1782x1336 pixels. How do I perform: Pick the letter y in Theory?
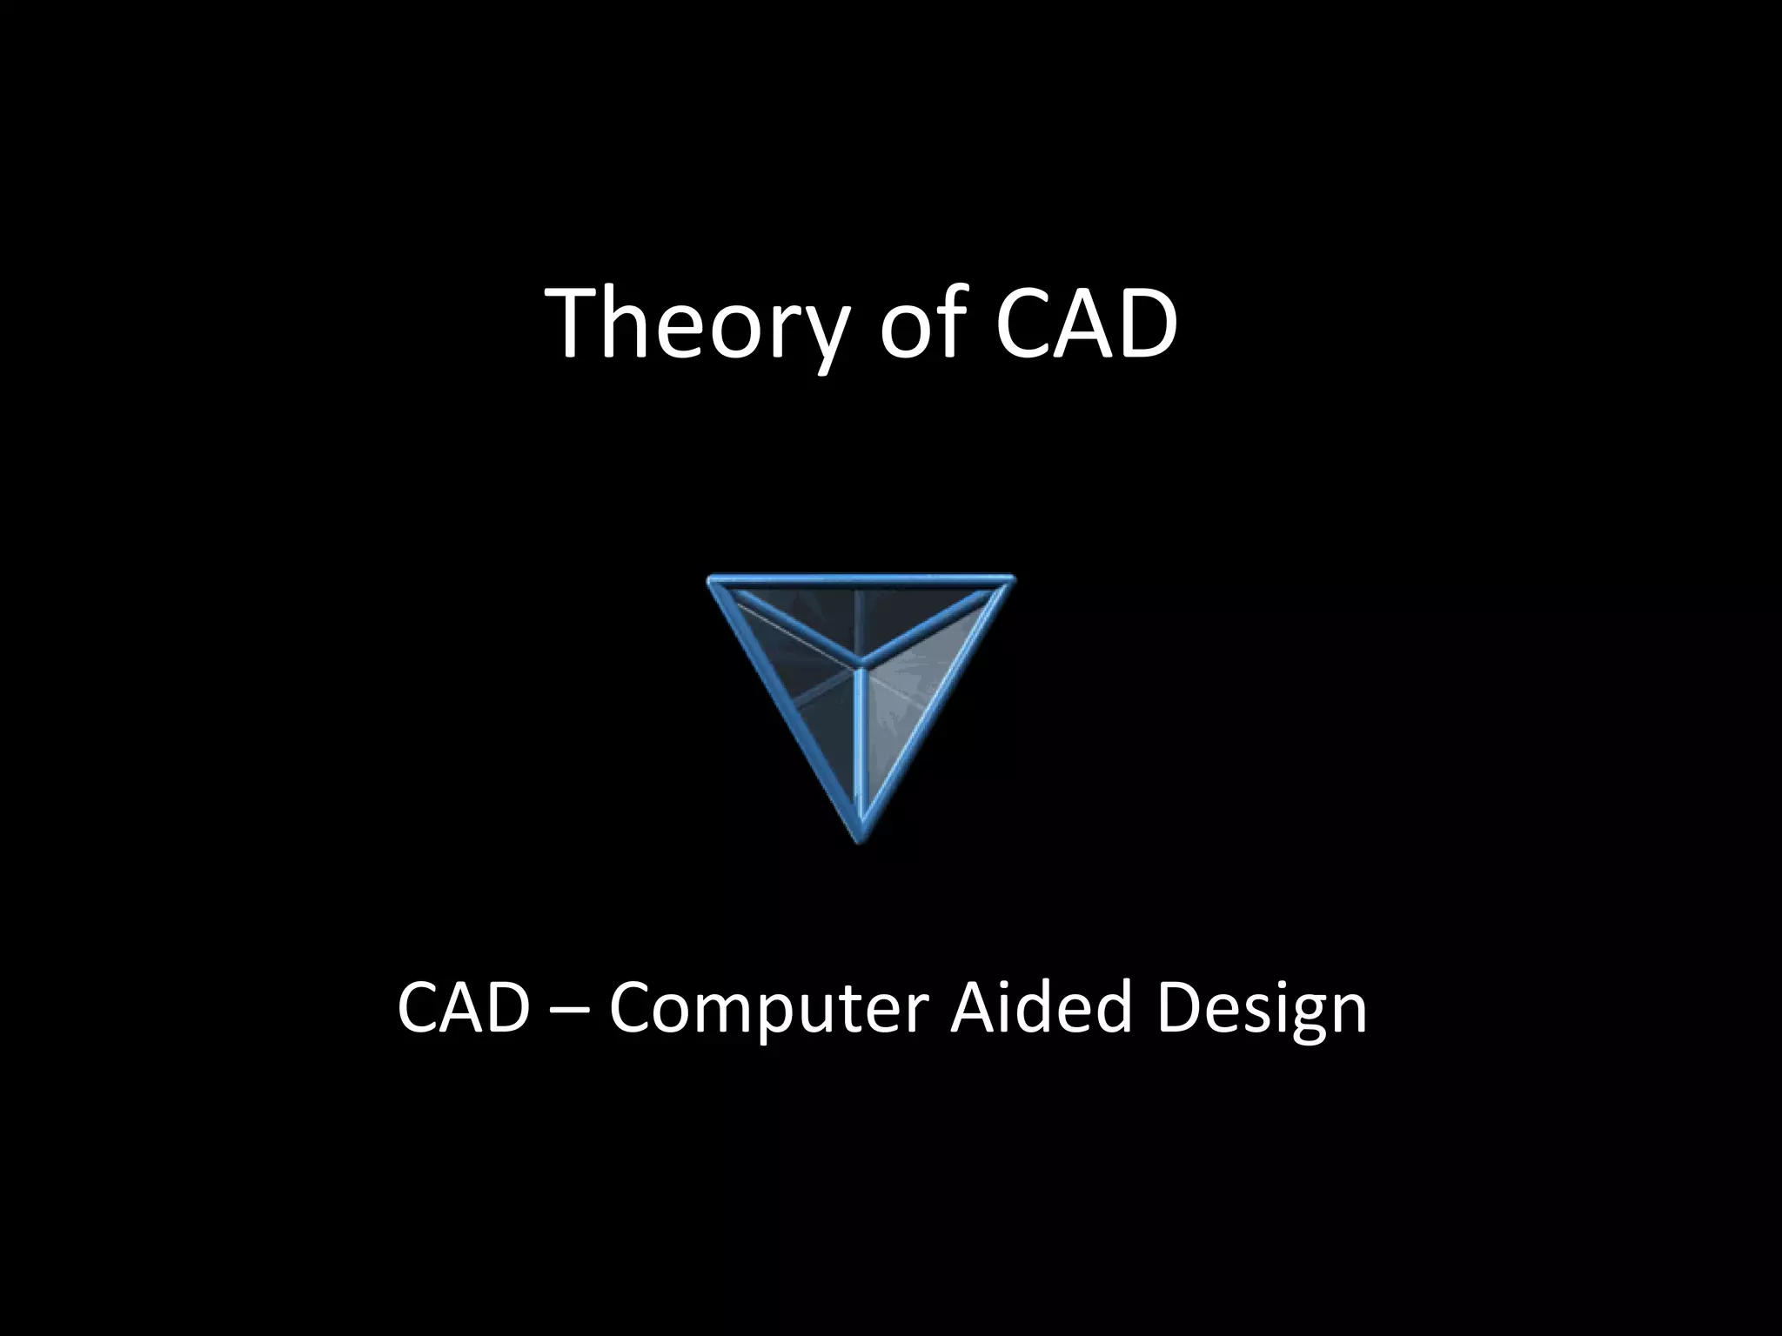[817, 335]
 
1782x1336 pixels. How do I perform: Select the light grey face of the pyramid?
[914, 687]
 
